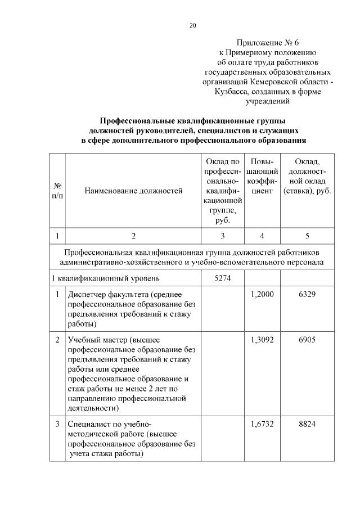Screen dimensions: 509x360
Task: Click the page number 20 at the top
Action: pyautogui.click(x=193, y=25)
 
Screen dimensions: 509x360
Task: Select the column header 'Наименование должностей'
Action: pyautogui.click(x=133, y=191)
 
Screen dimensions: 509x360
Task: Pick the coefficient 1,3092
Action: pyautogui.click(x=262, y=340)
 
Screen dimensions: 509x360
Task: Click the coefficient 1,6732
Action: pyautogui.click(x=262, y=424)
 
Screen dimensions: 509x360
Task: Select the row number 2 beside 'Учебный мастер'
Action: pyautogui.click(x=57, y=340)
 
